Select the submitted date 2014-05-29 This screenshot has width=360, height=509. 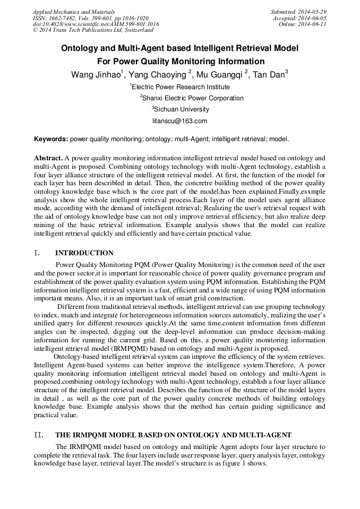(313, 12)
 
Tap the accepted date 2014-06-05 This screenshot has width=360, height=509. (313, 18)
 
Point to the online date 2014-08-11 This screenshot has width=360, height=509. (313, 24)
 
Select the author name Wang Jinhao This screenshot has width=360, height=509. (95, 75)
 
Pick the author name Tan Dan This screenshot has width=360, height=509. (269, 75)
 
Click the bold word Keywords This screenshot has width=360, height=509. (51, 139)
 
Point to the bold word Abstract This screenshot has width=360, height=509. (48, 158)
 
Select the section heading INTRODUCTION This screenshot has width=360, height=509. (84, 253)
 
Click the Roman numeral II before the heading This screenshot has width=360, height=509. (38, 435)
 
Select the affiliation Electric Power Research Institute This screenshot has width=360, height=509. (181, 87)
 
